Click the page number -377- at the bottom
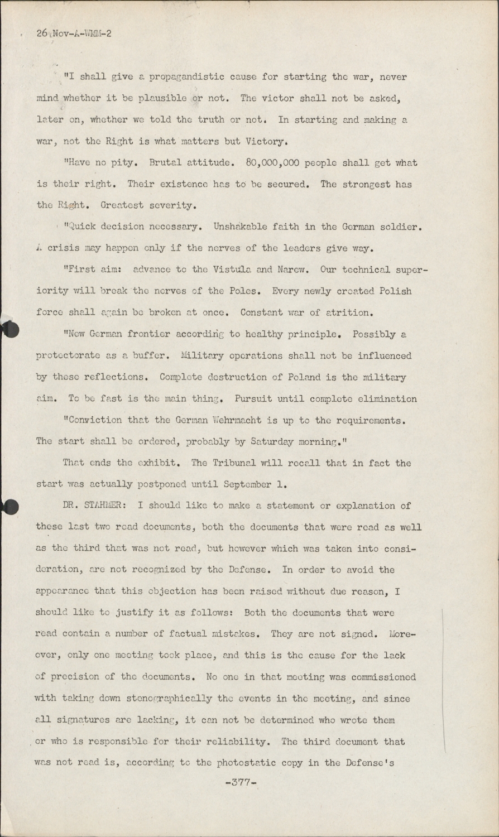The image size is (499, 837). pos(241,783)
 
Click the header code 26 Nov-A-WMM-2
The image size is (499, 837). pos(74,33)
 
